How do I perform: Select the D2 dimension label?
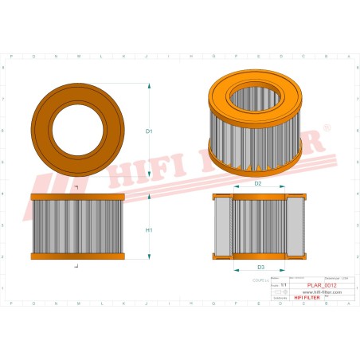pos(258,184)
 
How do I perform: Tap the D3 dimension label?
pos(260,267)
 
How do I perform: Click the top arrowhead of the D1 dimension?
pos(149,84)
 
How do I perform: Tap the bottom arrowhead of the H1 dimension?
pos(149,256)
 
